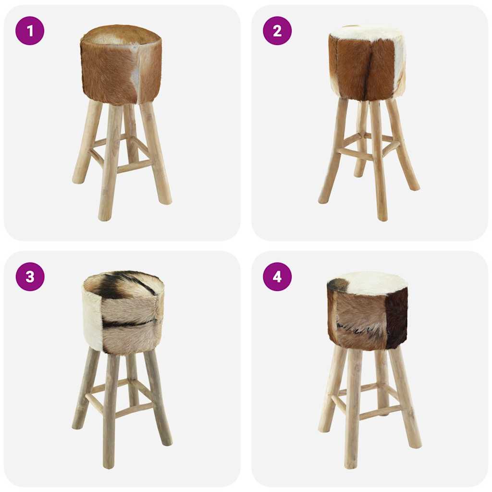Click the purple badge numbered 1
point(30,31)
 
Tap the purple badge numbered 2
point(277,31)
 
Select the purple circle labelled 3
point(30,277)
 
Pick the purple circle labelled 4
point(277,277)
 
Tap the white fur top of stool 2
point(366,33)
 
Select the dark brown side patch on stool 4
point(398,317)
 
